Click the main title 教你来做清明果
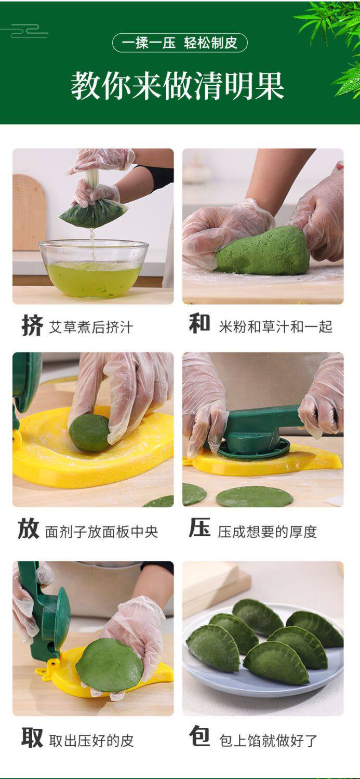[x=178, y=86]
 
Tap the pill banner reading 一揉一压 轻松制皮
[x=180, y=43]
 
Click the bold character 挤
[x=32, y=325]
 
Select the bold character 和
[x=199, y=323]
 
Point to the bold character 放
[x=29, y=529]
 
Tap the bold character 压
[x=200, y=527]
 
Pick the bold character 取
[x=32, y=737]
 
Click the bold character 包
[x=199, y=736]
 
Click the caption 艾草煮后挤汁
[x=91, y=327]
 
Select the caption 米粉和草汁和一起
[x=275, y=326]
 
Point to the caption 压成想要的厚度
[x=267, y=532]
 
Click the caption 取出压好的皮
[x=91, y=741]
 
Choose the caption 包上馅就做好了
[x=268, y=741]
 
